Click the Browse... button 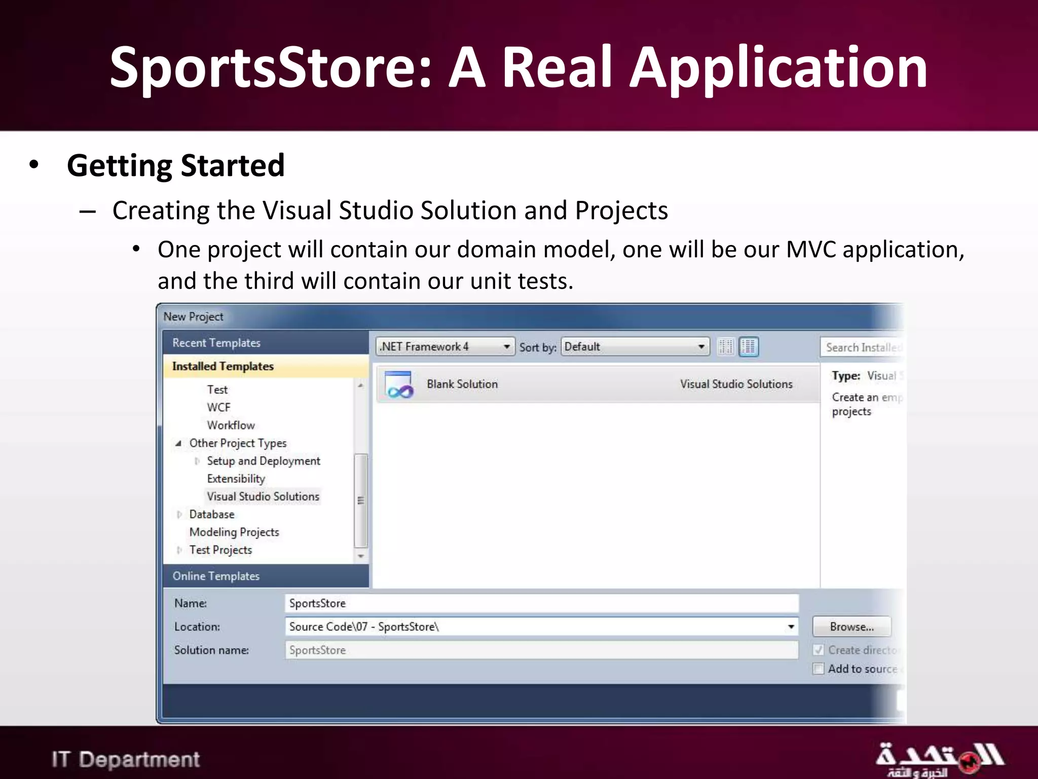pyautogui.click(x=851, y=627)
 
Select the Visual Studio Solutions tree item pyautogui.click(x=263, y=497)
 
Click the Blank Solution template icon pyautogui.click(x=399, y=385)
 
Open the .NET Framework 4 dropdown pyautogui.click(x=445, y=347)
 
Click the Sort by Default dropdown pyautogui.click(x=635, y=347)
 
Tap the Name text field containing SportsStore pyautogui.click(x=541, y=604)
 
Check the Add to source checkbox pyautogui.click(x=818, y=669)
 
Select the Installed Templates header pyautogui.click(x=223, y=366)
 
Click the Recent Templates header pyautogui.click(x=216, y=343)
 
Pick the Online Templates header pyautogui.click(x=216, y=576)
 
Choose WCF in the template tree pyautogui.click(x=218, y=407)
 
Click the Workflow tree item pyautogui.click(x=231, y=425)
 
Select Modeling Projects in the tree pyautogui.click(x=234, y=532)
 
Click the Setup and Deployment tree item pyautogui.click(x=264, y=461)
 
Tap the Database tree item pyautogui.click(x=212, y=514)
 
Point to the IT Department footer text pyautogui.click(x=126, y=760)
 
